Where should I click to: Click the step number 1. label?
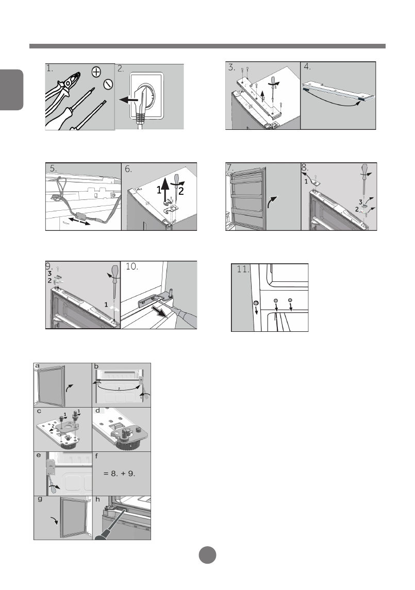(x=50, y=69)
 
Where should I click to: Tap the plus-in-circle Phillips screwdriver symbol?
(x=96, y=72)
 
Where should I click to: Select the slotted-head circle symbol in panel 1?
(x=108, y=84)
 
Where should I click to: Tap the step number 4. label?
(x=307, y=67)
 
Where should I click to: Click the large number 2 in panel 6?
(x=181, y=191)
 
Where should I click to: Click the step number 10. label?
(x=132, y=266)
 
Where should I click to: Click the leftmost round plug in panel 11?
(x=256, y=303)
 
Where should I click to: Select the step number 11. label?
(x=242, y=269)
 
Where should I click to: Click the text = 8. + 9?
(x=120, y=474)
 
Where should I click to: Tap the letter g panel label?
(x=40, y=500)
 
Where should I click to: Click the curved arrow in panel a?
(x=70, y=389)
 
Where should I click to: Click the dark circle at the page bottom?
(x=207, y=554)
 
